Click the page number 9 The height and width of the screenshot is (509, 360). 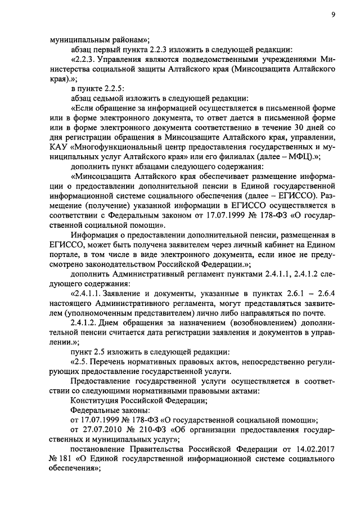pos(333,15)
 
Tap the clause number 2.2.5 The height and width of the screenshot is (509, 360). pos(110,88)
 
